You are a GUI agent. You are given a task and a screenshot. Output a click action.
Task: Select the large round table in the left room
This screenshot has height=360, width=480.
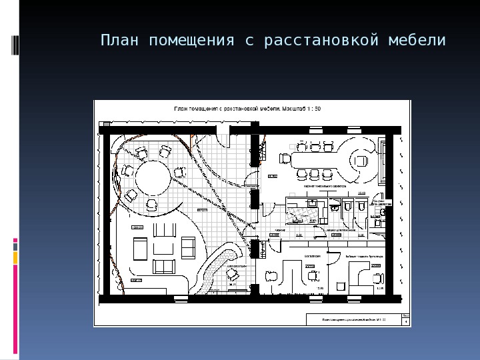(154, 179)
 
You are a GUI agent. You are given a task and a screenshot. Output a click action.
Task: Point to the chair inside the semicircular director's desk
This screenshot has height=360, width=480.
(361, 161)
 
